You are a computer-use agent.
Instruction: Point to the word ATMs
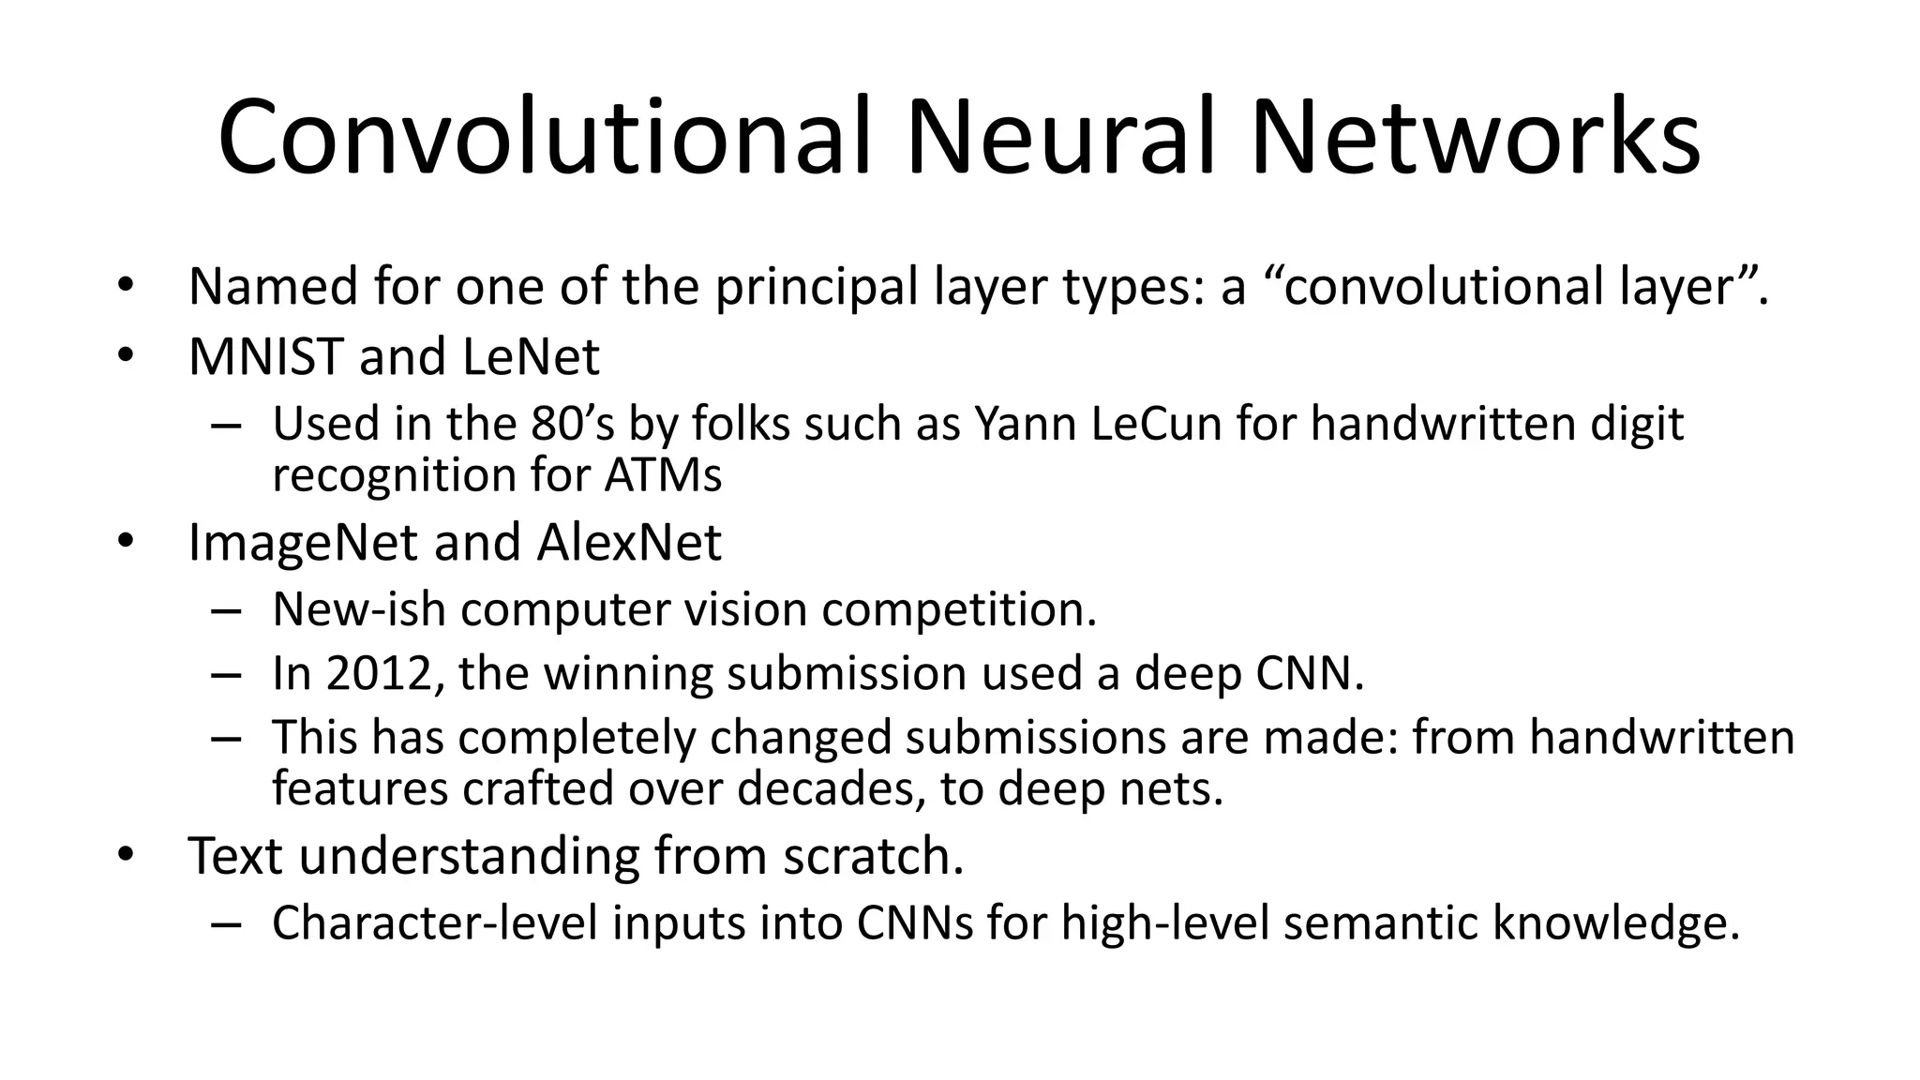(663, 474)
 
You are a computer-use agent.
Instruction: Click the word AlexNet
(629, 543)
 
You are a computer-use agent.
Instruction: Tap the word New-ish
(358, 609)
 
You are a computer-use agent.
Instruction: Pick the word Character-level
(435, 922)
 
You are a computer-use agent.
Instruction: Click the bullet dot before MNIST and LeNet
(127, 357)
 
